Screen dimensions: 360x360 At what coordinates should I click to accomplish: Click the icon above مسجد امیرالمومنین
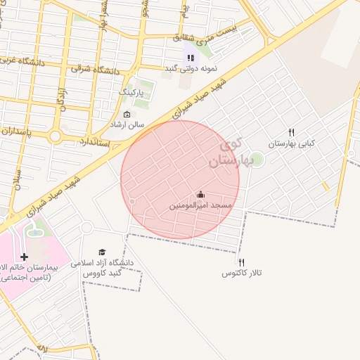click(x=201, y=195)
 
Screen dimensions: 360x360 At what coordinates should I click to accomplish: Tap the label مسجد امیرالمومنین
click(x=200, y=206)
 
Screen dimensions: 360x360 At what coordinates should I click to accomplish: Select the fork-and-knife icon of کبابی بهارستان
click(x=291, y=133)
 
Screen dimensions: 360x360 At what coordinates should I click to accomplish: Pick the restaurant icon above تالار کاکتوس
click(x=241, y=262)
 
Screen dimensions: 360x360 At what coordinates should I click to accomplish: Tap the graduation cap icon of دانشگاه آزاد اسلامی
click(x=102, y=252)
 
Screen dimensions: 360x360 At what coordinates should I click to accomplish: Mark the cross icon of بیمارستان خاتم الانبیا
click(x=25, y=257)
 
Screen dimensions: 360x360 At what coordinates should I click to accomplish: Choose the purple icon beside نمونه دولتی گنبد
click(x=190, y=58)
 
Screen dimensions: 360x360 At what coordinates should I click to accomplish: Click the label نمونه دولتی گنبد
click(x=193, y=68)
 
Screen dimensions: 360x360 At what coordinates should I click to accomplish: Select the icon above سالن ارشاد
click(x=127, y=115)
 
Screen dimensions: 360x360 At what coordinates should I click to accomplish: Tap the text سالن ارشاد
click(x=127, y=124)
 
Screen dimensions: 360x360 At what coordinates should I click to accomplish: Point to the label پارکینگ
click(x=131, y=92)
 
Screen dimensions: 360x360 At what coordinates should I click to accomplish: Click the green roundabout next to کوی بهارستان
click(x=257, y=160)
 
